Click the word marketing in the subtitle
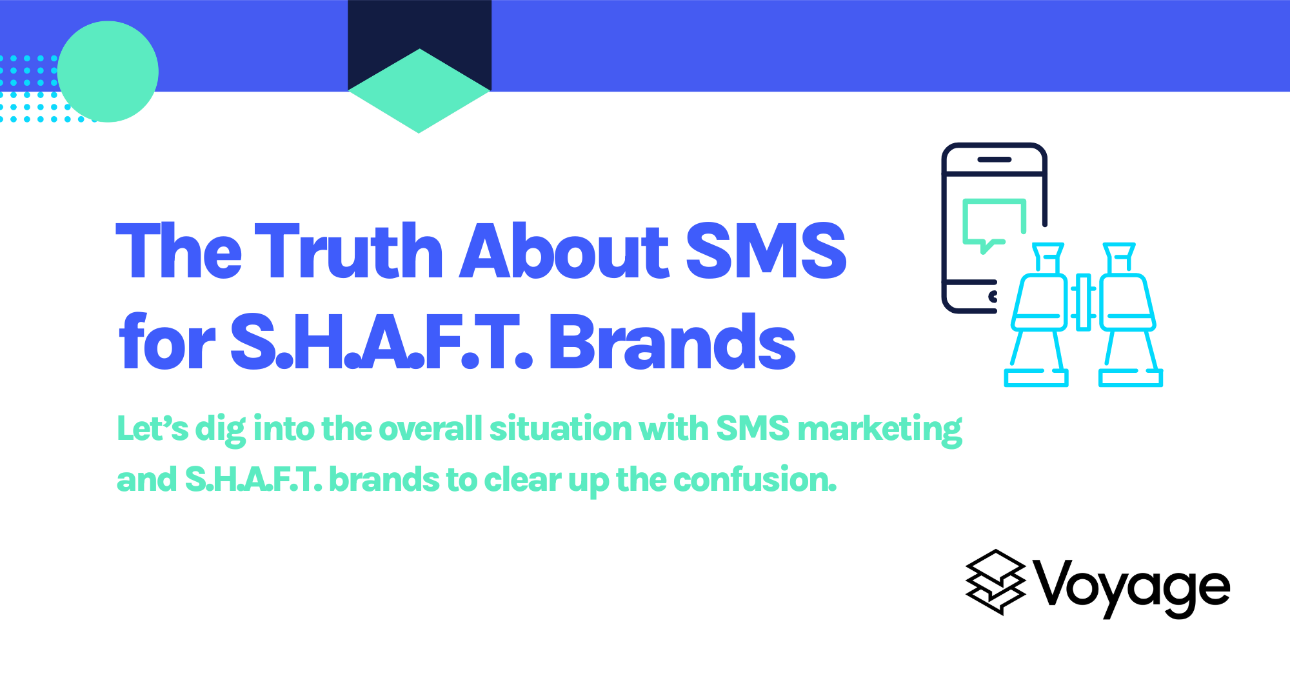point(880,429)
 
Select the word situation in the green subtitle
point(561,428)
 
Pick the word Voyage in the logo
point(1133,587)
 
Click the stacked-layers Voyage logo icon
point(995,582)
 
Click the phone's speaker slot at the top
point(994,159)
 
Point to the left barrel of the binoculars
point(1038,316)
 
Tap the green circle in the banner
point(108,72)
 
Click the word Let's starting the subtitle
point(152,428)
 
